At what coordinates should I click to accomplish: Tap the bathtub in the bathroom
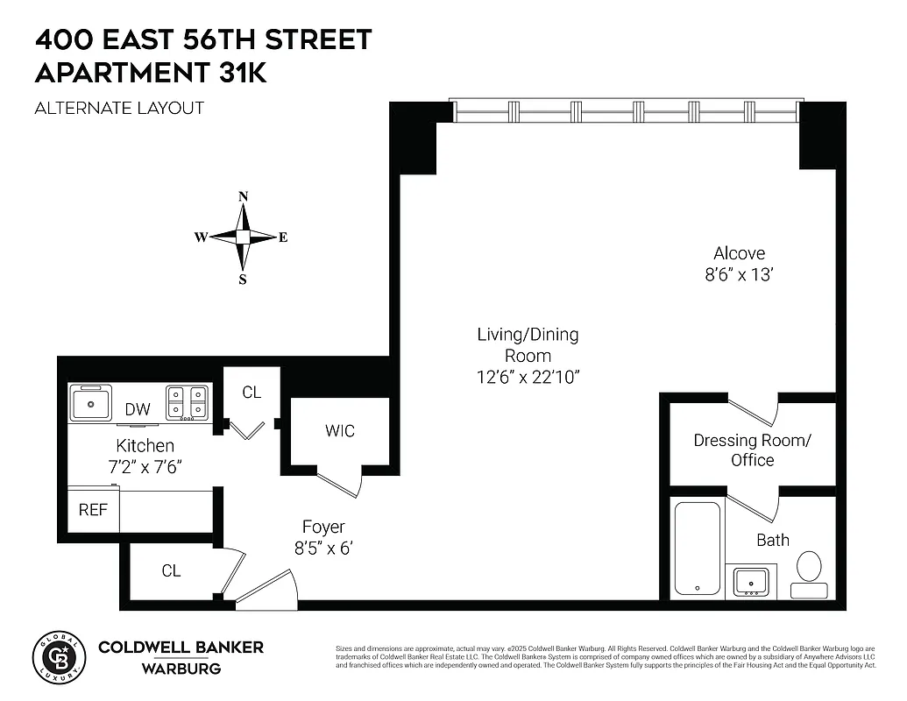pos(698,549)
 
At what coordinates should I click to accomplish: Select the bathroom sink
pos(751,581)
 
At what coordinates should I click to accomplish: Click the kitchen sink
pos(90,403)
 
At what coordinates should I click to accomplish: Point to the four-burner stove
pos(188,402)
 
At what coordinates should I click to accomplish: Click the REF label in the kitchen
pos(94,509)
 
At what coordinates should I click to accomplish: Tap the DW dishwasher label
pos(138,409)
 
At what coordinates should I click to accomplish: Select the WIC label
pos(340,431)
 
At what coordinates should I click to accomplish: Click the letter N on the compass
pos(244,196)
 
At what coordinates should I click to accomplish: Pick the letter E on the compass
pos(283,237)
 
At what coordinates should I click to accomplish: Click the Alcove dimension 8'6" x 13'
pos(739,274)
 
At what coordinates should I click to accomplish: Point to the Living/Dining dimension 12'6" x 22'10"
pos(528,378)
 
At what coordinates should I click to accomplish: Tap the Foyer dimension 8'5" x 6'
pos(323,549)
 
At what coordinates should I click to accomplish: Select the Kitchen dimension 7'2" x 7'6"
pos(145,467)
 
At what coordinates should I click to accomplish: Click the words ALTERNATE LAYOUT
pos(119,109)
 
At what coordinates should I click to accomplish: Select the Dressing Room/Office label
pos(753,450)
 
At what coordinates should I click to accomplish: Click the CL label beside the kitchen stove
pos(252,393)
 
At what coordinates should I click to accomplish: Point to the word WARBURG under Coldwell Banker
pos(181,669)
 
